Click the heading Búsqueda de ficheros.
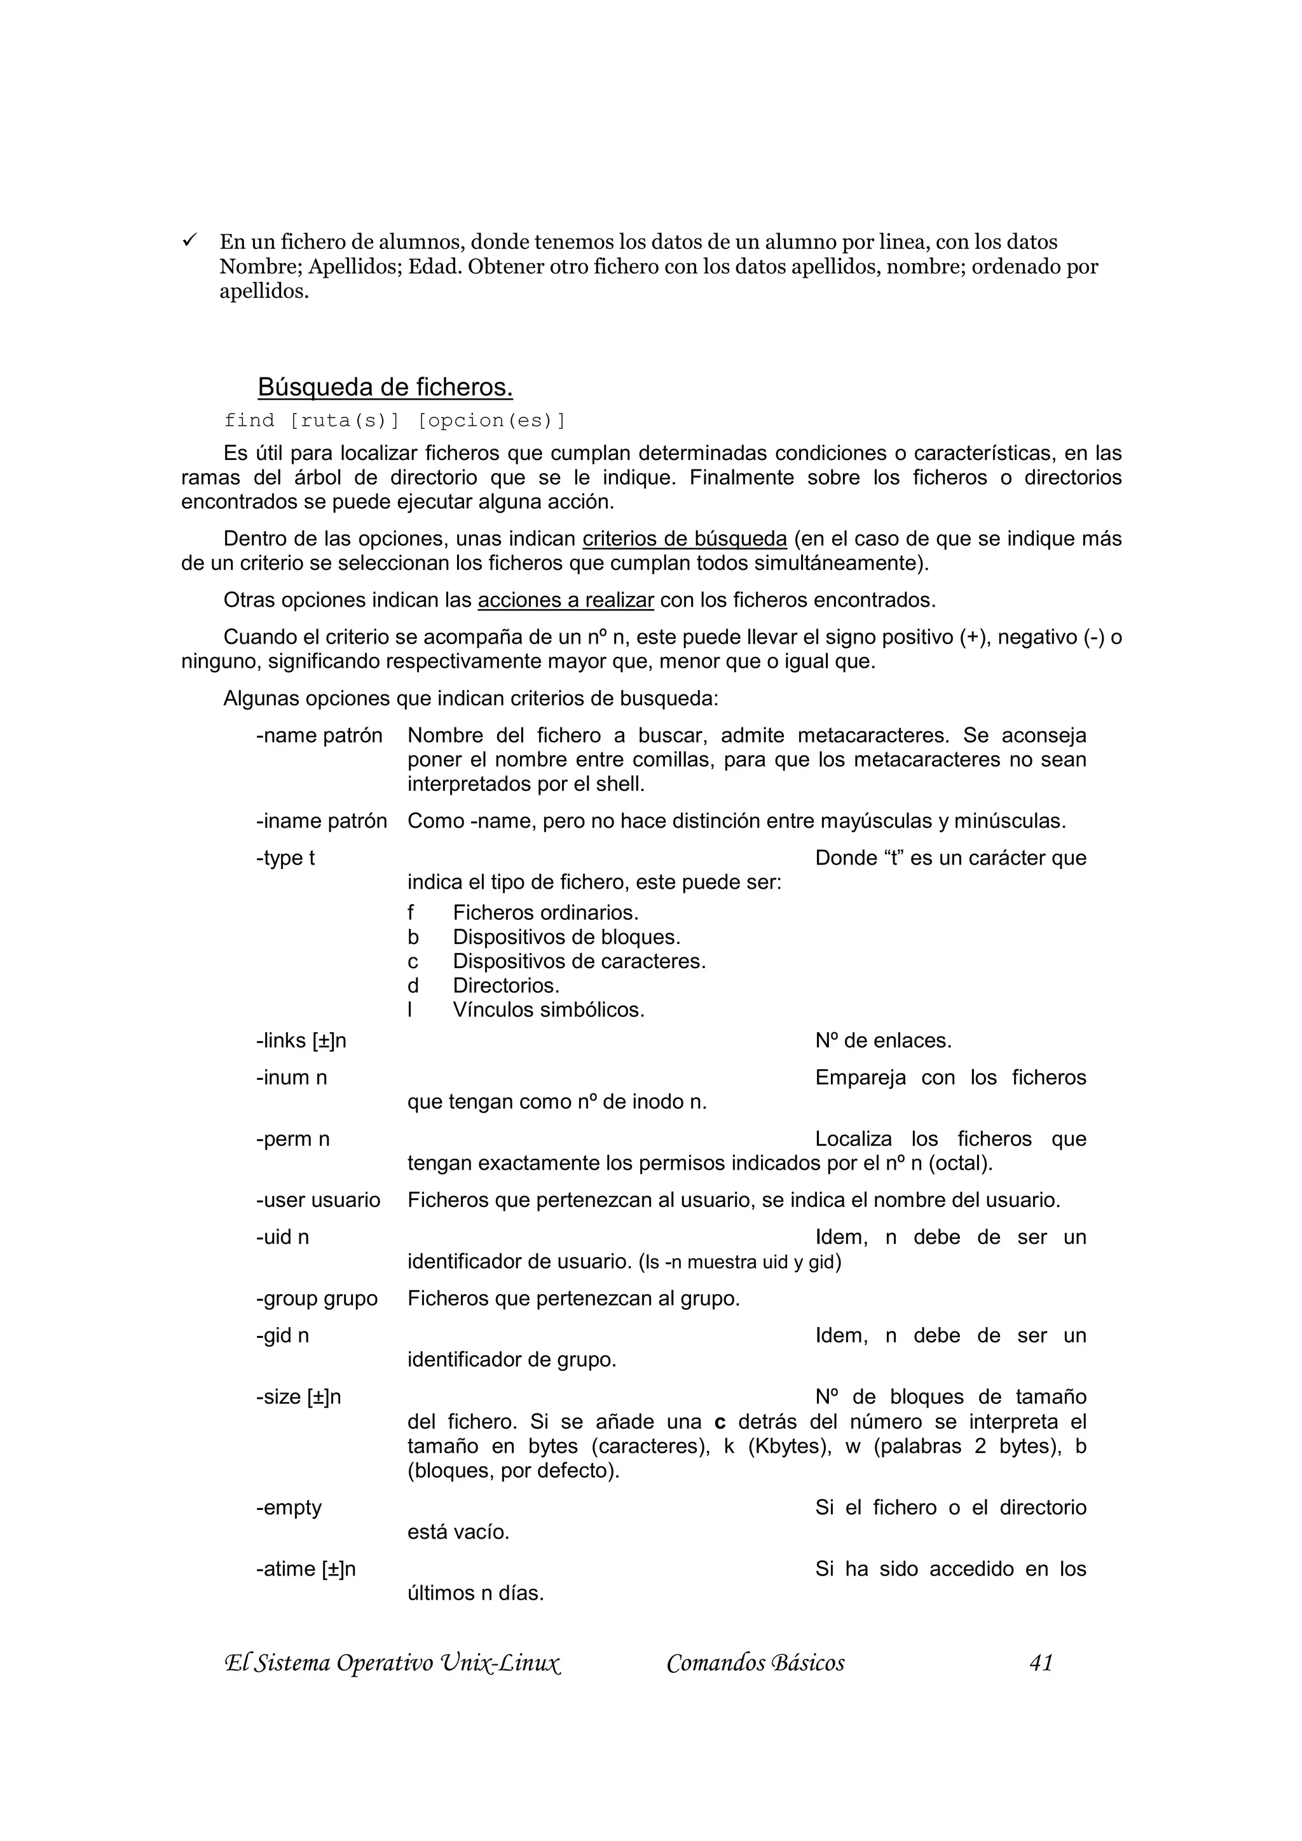click(385, 388)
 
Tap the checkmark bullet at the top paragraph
click(190, 239)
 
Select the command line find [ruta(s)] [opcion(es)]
click(395, 420)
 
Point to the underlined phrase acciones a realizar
click(566, 600)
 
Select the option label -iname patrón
click(322, 821)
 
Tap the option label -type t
click(285, 858)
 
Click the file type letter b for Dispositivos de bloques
click(413, 936)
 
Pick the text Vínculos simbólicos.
click(549, 1009)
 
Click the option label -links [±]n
click(301, 1041)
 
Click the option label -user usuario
click(319, 1201)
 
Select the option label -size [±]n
click(298, 1397)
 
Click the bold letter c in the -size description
click(720, 1422)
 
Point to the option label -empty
click(289, 1507)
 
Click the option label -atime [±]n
click(306, 1569)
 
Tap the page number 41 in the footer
click(1041, 1663)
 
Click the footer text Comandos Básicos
click(755, 1663)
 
